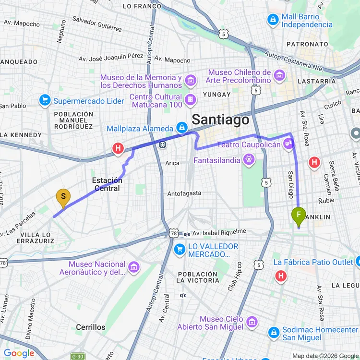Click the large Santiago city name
point(221,120)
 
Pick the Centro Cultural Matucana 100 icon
point(191,99)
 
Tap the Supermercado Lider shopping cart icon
point(45,101)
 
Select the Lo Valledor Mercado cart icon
point(180,250)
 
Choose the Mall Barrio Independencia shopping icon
point(273,20)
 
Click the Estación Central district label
point(107,184)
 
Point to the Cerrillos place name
point(90,327)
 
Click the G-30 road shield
point(77,356)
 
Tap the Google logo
point(19,353)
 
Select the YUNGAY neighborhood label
point(216,95)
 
